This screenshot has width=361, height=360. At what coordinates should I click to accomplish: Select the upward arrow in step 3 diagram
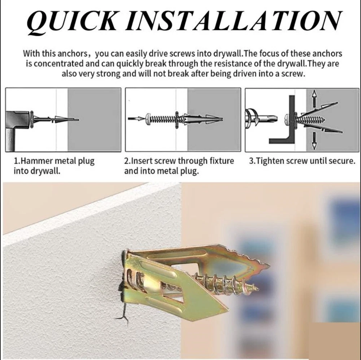pyautogui.click(x=314, y=98)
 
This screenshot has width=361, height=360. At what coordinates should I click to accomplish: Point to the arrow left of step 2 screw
pyautogui.click(x=136, y=119)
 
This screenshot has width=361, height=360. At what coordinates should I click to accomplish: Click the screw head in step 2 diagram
pyautogui.click(x=148, y=119)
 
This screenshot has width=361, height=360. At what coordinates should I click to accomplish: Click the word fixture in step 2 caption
pyautogui.click(x=222, y=160)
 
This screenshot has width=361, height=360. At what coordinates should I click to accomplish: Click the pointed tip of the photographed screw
pyautogui.click(x=257, y=288)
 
